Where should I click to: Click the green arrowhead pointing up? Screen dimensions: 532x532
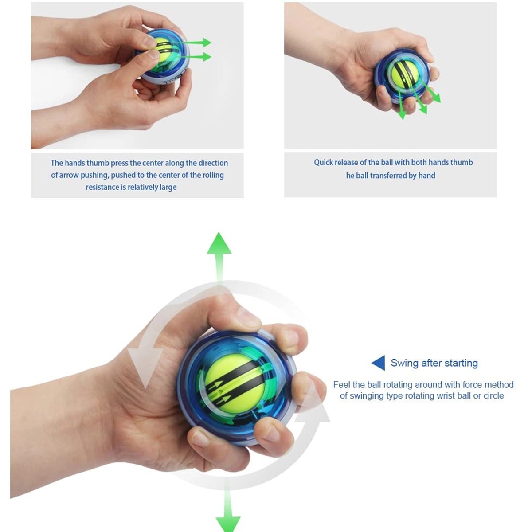tap(219, 244)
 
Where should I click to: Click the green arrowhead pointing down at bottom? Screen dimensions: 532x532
tap(228, 523)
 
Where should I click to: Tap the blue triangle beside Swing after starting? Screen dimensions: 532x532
tap(379, 363)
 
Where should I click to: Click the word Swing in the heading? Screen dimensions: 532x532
tap(404, 363)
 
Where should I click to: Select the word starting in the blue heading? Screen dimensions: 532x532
tap(461, 363)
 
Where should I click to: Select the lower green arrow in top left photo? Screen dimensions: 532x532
tap(197, 57)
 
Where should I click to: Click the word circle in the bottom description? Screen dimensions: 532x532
tap(493, 396)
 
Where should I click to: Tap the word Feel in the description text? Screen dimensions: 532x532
tap(341, 385)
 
